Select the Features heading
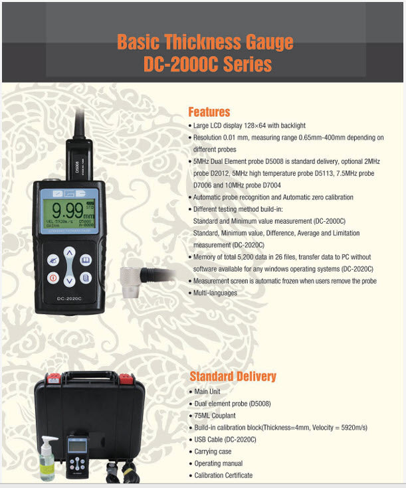click(x=209, y=112)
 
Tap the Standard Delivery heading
click(x=233, y=376)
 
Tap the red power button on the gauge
click(x=52, y=278)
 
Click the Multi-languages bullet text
click(x=215, y=293)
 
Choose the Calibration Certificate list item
click(x=223, y=475)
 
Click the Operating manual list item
click(x=218, y=463)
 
